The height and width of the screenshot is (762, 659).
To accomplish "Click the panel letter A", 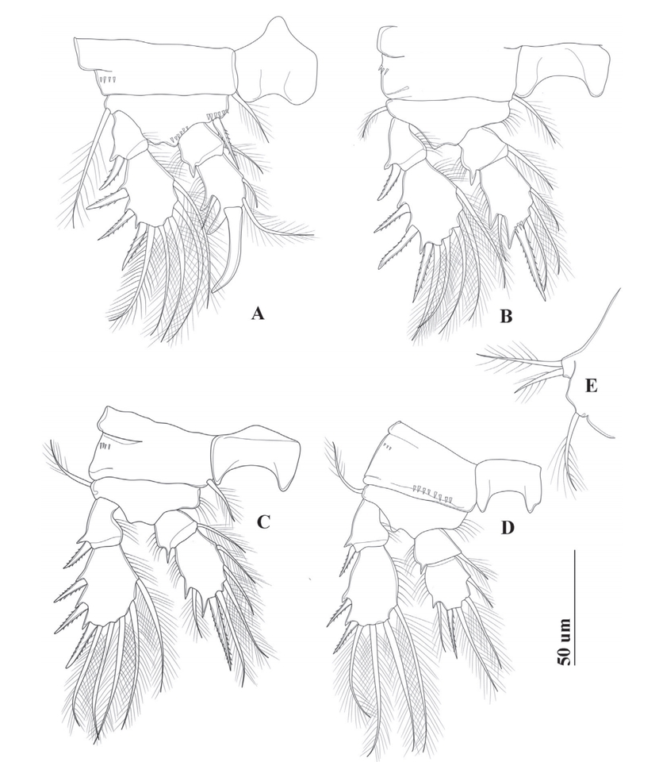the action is click(258, 314).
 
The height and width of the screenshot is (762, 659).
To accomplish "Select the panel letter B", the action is click(505, 317).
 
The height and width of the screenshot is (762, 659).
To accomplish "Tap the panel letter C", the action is click(262, 521).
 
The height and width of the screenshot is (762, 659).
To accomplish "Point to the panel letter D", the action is click(507, 527).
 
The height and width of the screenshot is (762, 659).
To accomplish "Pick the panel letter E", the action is click(591, 386).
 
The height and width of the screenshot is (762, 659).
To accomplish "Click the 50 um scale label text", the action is click(563, 642).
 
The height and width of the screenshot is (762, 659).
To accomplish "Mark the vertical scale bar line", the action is click(576, 607).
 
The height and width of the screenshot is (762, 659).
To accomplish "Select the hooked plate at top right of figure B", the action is click(563, 68).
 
